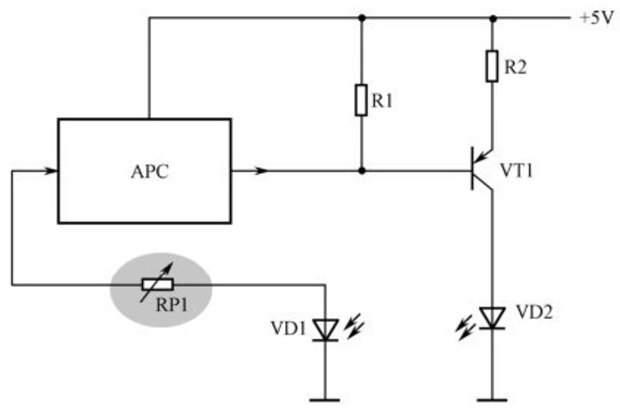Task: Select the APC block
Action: point(144,171)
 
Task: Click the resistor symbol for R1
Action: point(361,101)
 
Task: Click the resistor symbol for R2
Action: point(492,67)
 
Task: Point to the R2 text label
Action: point(516,67)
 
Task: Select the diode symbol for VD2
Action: point(492,317)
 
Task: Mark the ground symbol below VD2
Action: point(492,401)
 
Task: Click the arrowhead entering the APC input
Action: point(51,170)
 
